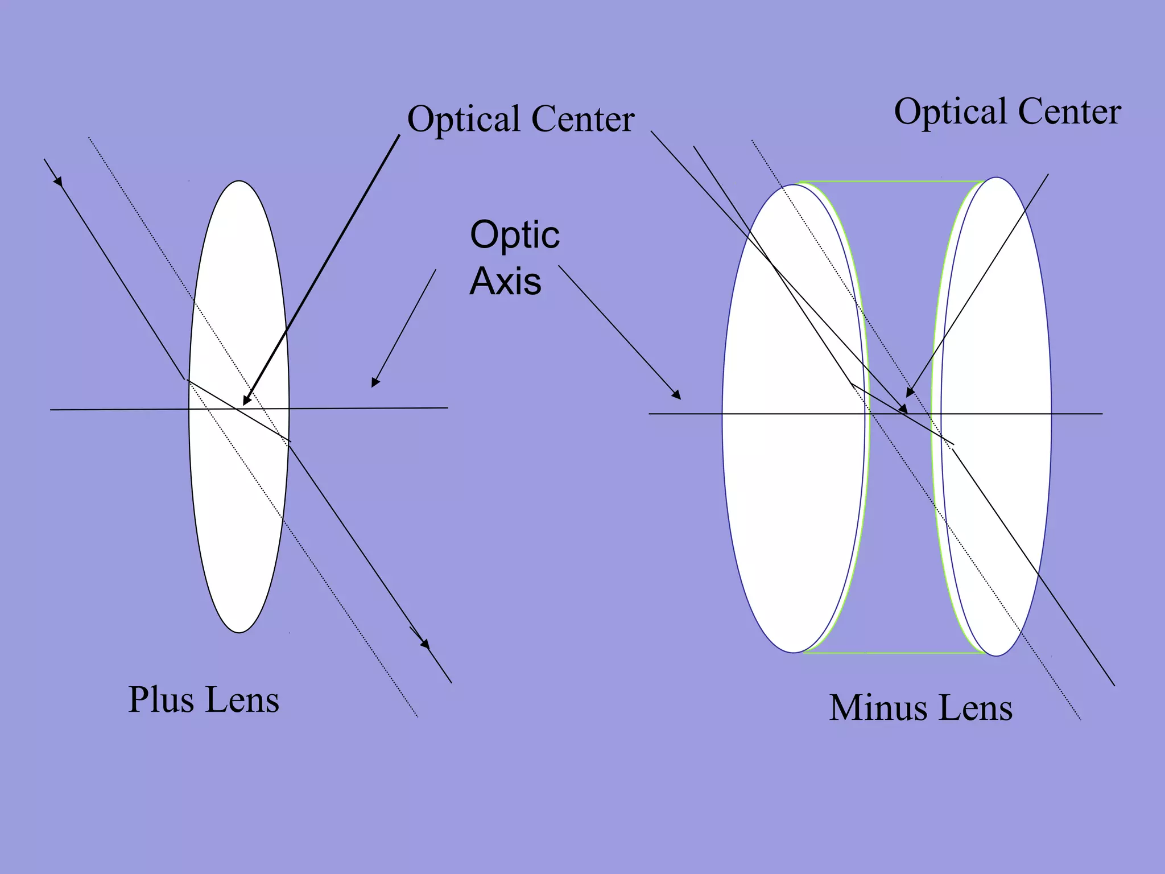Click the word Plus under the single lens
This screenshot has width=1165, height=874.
(x=162, y=699)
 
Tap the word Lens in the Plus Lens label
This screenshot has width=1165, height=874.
(x=242, y=700)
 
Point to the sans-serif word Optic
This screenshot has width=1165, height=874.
(x=515, y=236)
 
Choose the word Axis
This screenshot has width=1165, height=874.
(x=505, y=281)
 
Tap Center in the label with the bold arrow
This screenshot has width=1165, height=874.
(x=582, y=119)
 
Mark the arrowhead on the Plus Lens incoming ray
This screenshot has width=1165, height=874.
(x=57, y=181)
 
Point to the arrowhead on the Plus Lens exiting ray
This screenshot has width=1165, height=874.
(x=424, y=644)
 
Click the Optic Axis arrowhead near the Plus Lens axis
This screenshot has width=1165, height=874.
(x=374, y=384)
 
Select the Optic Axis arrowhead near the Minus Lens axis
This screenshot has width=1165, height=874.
(x=676, y=395)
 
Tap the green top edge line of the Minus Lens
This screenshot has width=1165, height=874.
(x=893, y=182)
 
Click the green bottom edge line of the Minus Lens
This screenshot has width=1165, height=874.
(x=893, y=653)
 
